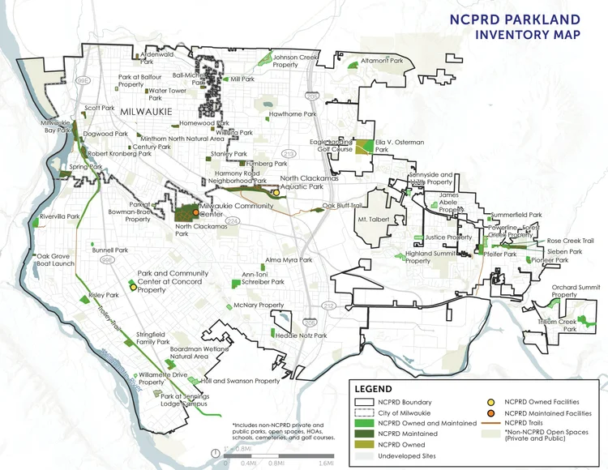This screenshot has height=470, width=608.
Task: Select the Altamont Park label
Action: pos(381,61)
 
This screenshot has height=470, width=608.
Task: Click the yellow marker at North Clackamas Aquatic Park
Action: pos(276,193)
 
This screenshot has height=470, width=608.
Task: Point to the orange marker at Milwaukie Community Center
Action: pos(196,213)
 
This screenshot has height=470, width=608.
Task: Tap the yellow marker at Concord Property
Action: pos(132,286)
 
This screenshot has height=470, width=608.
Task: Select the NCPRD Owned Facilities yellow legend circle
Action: pos(491,402)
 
